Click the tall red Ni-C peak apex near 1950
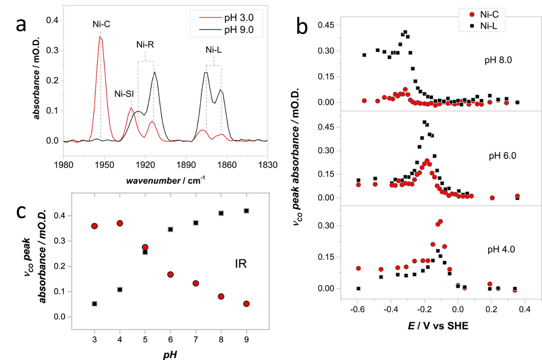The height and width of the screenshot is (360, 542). coord(100,37)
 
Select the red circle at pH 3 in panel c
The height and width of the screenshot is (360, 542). coord(94,226)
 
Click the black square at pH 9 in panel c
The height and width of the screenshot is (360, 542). coord(247,211)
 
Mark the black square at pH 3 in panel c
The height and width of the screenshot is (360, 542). coord(94,304)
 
